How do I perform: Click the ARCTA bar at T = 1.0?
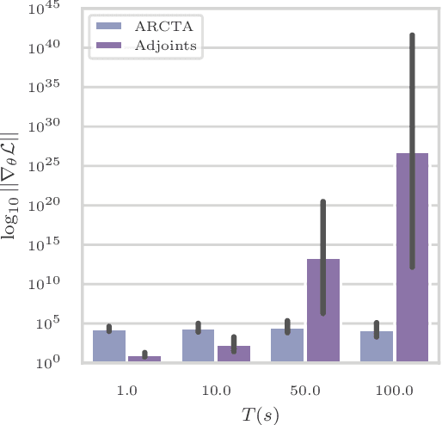point(109,346)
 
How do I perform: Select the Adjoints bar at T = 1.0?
point(144,359)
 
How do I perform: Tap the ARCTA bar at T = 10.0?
point(198,346)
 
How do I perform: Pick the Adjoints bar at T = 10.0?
point(233,354)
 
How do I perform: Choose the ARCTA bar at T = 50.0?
point(287,345)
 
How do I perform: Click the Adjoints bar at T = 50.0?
point(322,311)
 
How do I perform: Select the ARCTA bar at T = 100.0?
point(377,347)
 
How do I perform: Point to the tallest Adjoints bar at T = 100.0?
point(412,258)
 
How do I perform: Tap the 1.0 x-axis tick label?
point(126,390)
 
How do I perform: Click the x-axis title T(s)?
point(259,414)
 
